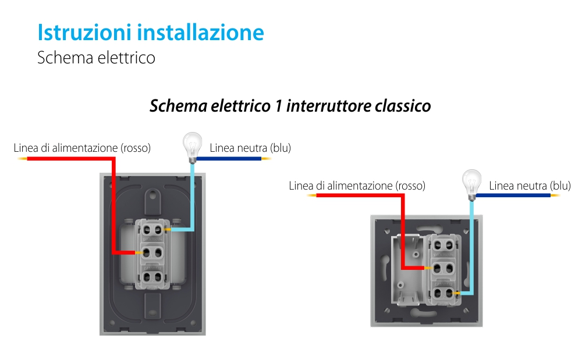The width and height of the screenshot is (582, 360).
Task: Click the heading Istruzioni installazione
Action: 150,33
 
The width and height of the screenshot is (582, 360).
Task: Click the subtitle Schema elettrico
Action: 96,58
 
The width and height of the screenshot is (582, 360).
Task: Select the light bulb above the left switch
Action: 192,143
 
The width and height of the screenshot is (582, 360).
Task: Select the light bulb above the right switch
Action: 471,181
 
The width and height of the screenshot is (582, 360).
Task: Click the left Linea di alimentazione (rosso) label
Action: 82,148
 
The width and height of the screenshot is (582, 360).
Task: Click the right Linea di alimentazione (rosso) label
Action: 357,186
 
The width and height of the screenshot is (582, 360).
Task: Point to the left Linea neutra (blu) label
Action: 250,148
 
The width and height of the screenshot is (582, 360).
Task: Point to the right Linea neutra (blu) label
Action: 530,186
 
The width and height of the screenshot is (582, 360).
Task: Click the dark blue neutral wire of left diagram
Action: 230,158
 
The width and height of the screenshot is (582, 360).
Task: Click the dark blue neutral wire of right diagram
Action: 512,196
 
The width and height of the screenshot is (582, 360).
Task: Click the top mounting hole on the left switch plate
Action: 154,194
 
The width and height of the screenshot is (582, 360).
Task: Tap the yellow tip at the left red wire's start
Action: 22,158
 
